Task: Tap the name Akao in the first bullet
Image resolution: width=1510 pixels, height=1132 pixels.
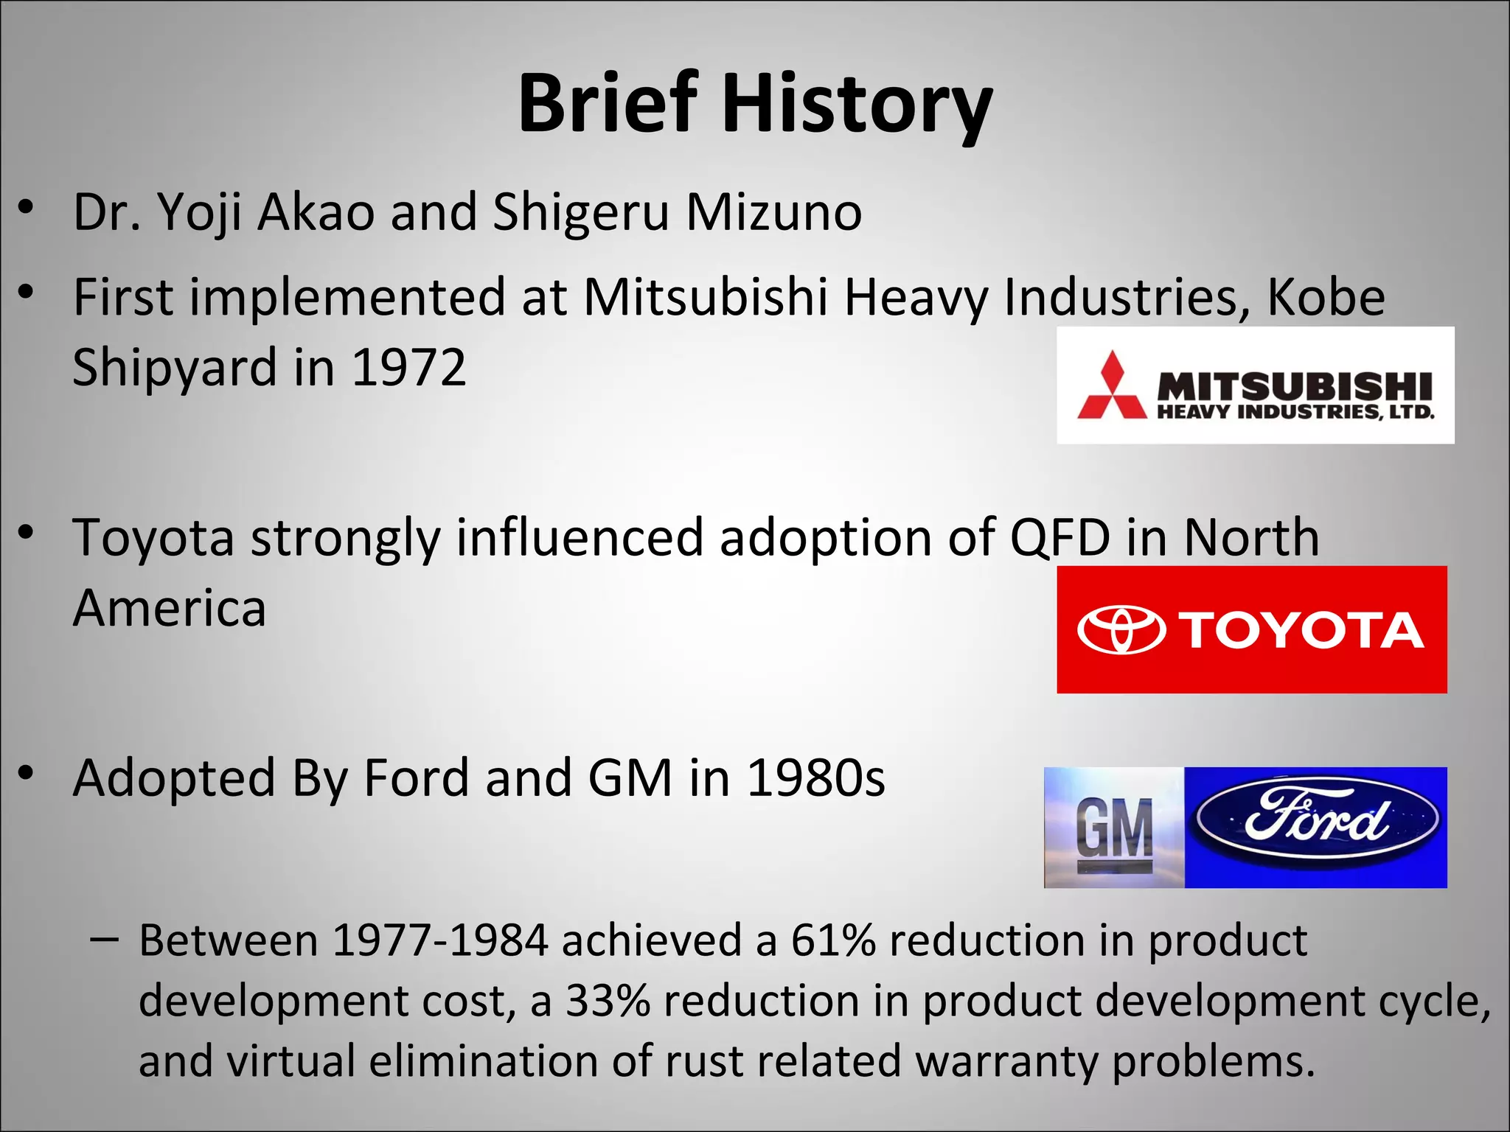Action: (316, 212)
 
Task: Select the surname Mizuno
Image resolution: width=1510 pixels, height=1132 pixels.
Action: (773, 212)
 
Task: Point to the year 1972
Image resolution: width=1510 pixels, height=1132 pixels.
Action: (409, 367)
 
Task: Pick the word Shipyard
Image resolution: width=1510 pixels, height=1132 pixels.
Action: (174, 368)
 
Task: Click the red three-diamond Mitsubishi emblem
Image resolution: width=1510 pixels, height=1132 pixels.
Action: (1112, 385)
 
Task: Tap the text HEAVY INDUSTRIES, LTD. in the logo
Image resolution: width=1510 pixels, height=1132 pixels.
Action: (1295, 412)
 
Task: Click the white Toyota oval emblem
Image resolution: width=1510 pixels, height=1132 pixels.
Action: (1121, 629)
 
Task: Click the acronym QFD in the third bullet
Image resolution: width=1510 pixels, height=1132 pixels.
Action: (1060, 537)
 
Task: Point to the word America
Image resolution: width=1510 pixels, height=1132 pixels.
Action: (170, 609)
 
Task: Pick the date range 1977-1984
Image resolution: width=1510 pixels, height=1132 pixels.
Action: (440, 940)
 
